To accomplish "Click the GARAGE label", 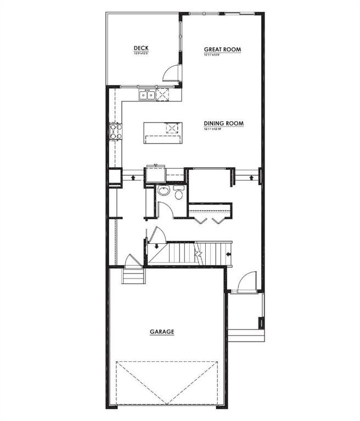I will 162,332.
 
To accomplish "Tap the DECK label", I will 141,49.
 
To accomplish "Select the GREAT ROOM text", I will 223,49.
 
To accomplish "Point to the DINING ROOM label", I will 223,123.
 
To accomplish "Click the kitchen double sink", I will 147,95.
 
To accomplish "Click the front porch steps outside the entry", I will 246,334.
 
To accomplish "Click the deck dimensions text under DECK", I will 141,54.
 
